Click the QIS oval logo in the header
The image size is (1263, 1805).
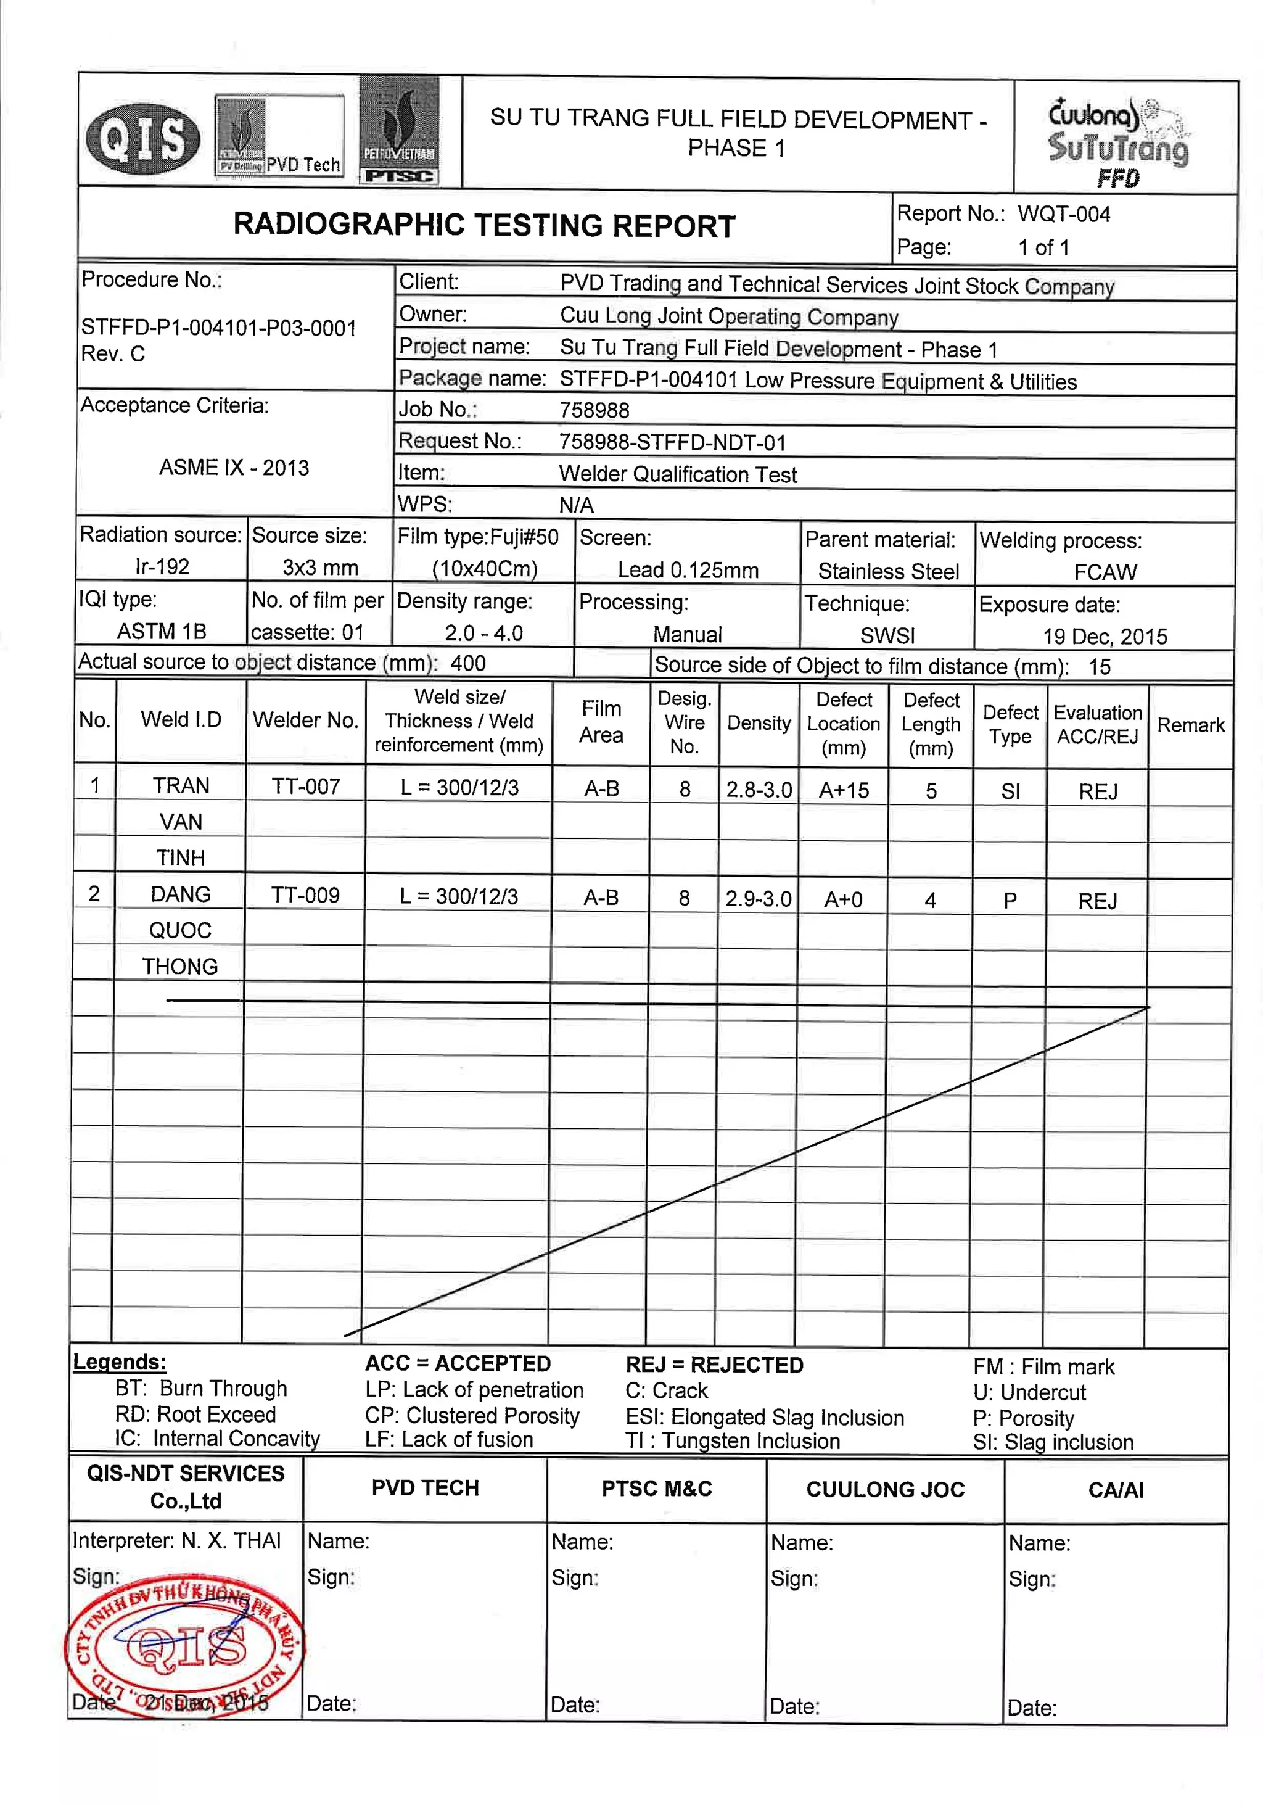click(142, 139)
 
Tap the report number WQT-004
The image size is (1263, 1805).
click(1063, 214)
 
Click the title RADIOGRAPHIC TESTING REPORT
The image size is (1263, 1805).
click(484, 226)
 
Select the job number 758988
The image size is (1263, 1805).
click(594, 410)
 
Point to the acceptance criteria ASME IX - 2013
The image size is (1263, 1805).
click(234, 468)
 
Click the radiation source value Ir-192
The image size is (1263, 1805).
click(162, 566)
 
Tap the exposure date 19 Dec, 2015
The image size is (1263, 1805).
click(1105, 636)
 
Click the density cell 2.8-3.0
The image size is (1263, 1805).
click(759, 789)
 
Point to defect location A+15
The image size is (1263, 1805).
click(843, 790)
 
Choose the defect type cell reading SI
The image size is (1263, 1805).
click(1010, 791)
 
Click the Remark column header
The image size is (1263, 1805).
click(1190, 725)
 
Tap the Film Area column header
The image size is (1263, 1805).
click(601, 722)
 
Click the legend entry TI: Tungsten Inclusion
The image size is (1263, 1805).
click(733, 1441)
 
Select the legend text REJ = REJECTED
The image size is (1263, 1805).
click(714, 1365)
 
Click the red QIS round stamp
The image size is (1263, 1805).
click(184, 1646)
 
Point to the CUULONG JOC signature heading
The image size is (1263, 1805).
click(885, 1489)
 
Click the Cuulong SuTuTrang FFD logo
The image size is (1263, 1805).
click(1117, 141)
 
